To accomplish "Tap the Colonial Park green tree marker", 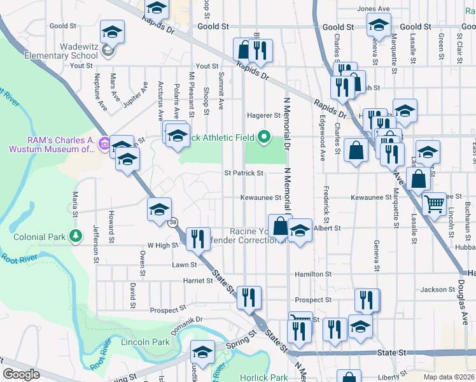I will click(76, 237).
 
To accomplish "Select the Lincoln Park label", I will click(145, 342).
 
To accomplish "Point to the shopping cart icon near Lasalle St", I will click(434, 204).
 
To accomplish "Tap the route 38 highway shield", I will click(174, 222).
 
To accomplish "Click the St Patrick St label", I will click(243, 173).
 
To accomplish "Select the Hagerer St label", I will click(263, 115).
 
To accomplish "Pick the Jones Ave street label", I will click(374, 9).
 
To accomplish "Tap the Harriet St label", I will click(197, 280).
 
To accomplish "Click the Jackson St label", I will click(438, 290).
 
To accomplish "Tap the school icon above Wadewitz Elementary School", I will click(112, 31).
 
